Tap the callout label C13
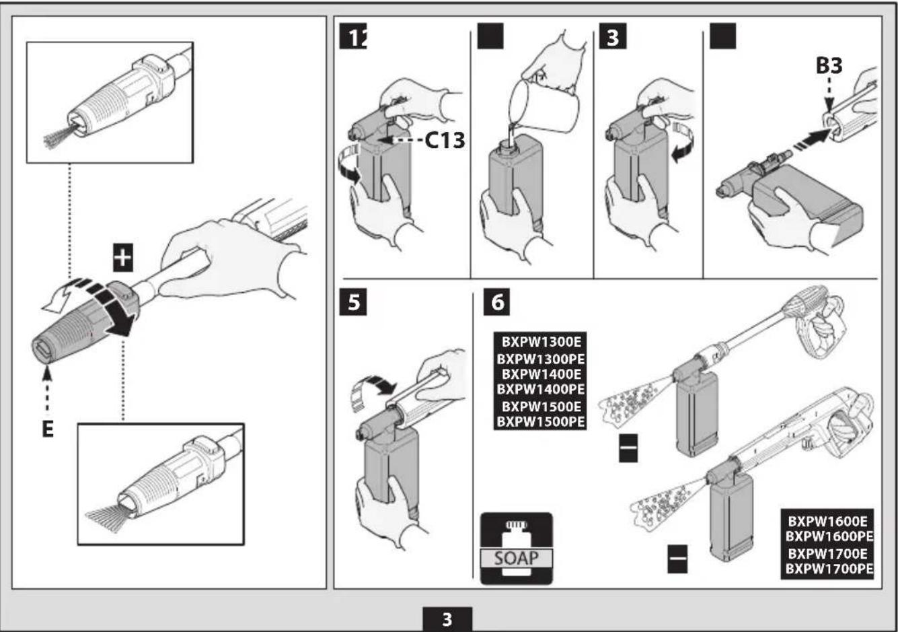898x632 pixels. (x=444, y=140)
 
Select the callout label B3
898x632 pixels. (x=829, y=66)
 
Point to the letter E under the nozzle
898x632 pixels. (x=48, y=429)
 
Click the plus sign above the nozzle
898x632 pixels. (x=122, y=258)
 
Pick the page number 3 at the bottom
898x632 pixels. (x=447, y=619)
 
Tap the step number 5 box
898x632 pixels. (x=353, y=302)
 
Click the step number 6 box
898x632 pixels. (x=497, y=302)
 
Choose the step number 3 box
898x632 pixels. (x=612, y=37)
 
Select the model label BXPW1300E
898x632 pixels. (x=539, y=341)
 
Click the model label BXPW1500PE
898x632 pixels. (x=540, y=422)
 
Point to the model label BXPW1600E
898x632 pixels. (x=828, y=521)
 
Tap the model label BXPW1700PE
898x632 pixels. (x=829, y=569)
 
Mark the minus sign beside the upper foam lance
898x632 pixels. (x=628, y=448)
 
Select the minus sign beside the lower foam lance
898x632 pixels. (x=677, y=559)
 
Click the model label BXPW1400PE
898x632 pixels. (x=540, y=389)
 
